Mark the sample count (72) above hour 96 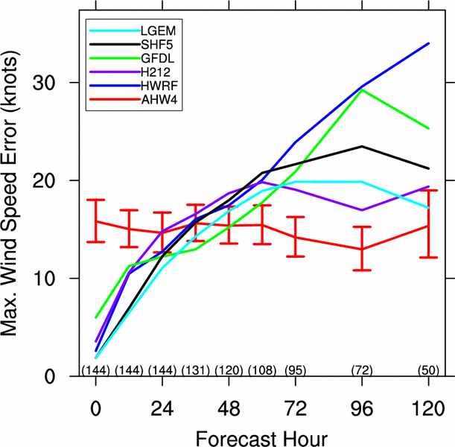(x=362, y=370)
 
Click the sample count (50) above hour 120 (x=428, y=370)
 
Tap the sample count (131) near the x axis (x=195, y=370)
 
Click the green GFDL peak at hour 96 (x=362, y=89)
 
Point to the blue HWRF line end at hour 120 (x=428, y=43)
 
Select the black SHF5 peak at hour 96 (x=362, y=146)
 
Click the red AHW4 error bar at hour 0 (x=96, y=221)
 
